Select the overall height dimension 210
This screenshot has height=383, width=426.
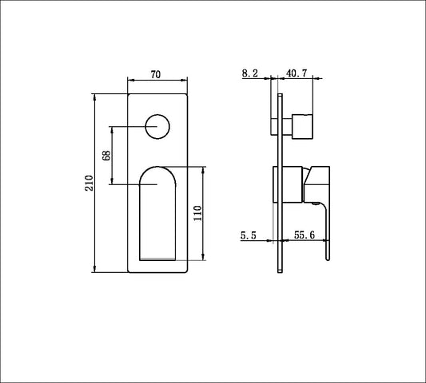pos(89,183)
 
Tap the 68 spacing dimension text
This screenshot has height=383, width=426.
pos(106,155)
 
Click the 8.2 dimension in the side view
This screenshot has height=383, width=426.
pos(249,73)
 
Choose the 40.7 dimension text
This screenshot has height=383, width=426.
pos(297,73)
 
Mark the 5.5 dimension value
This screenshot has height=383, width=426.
pos(249,235)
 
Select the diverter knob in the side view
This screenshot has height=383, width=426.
pos(302,125)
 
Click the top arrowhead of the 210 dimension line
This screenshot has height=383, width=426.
pos(96,97)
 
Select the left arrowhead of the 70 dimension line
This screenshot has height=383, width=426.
pos(130,81)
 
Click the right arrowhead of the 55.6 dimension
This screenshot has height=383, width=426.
pos(328,240)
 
